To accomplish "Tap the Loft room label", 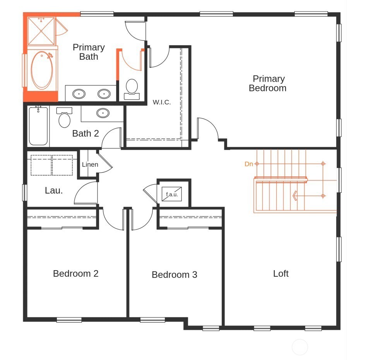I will click(281, 274).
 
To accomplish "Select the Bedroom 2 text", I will click(76, 274).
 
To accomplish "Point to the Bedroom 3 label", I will click(174, 275).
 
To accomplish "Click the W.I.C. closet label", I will click(162, 103).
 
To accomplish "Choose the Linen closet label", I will click(90, 165).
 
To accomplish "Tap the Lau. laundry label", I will click(54, 190).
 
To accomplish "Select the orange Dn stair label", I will click(249, 164).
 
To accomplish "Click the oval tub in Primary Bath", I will click(41, 70).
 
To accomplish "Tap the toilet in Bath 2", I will click(64, 118).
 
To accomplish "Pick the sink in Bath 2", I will click(103, 113).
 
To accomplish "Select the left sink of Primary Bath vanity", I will click(79, 94).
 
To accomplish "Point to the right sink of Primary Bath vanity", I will click(104, 94).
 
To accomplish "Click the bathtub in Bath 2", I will click(38, 126).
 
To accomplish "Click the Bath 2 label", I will click(85, 134).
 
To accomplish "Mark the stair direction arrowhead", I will click(295, 196).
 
